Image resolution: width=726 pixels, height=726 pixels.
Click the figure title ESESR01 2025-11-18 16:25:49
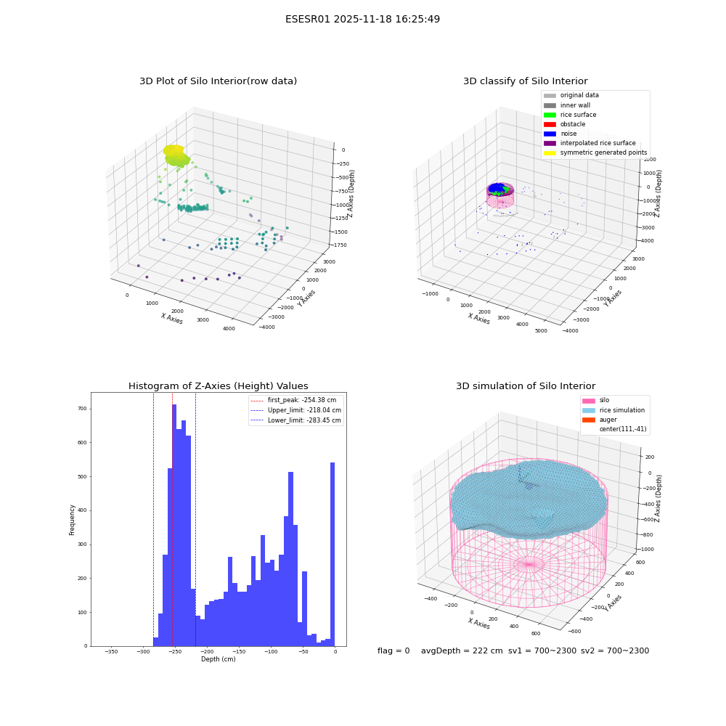362,19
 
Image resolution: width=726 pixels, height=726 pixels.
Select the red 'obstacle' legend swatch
550,124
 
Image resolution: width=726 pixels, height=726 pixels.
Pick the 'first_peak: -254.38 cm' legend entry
293,400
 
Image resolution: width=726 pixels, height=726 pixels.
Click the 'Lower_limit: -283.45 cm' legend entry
295,420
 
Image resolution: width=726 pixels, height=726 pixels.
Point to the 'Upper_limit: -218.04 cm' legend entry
295,410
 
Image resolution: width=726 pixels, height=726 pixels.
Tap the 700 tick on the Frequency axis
82,409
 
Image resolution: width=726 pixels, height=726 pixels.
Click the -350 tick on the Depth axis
111,652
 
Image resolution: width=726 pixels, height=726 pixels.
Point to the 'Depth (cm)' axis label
218,659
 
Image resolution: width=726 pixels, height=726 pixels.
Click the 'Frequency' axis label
72,520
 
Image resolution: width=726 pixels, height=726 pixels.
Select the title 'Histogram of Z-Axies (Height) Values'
218,386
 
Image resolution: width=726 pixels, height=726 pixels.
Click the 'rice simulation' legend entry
613,410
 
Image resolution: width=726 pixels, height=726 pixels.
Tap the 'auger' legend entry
600,420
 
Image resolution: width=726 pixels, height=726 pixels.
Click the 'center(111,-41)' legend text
623,429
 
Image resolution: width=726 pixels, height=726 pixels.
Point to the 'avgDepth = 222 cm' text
462,650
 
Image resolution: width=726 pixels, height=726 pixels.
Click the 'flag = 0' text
393,650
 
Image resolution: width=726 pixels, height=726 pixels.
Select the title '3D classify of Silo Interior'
526,81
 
